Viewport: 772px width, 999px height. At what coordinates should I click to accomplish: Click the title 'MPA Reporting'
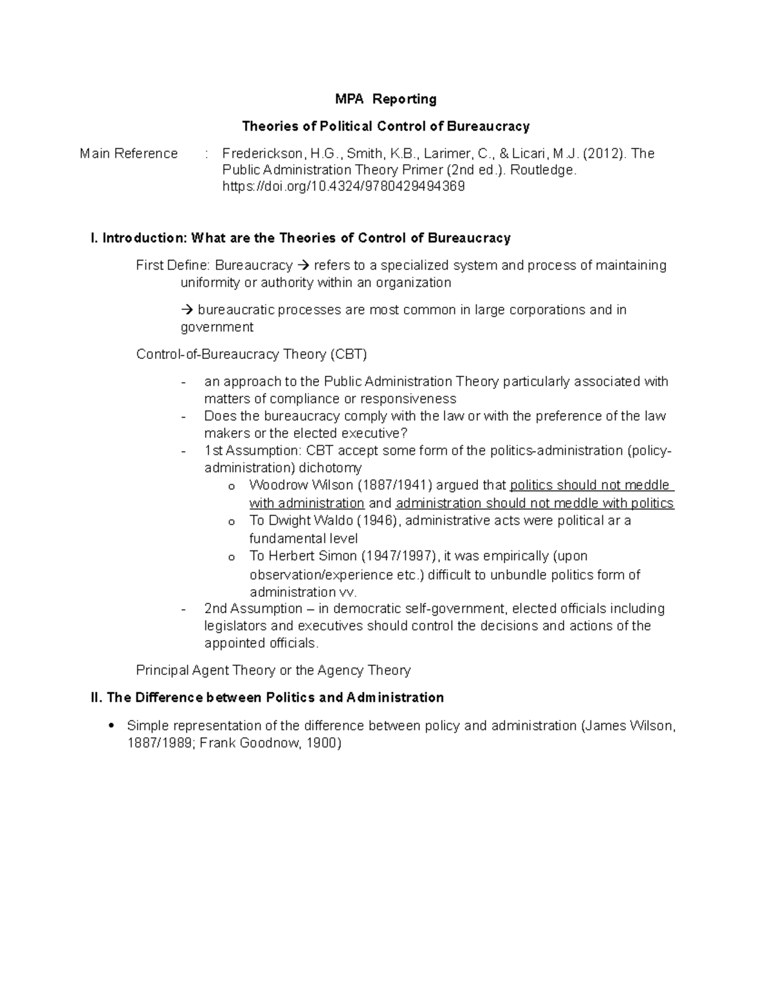[x=385, y=99]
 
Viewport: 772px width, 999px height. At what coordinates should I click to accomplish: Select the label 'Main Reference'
[x=129, y=154]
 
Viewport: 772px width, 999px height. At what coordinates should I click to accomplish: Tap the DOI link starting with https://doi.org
[x=343, y=187]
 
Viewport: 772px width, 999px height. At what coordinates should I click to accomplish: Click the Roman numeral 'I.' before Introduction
[x=95, y=239]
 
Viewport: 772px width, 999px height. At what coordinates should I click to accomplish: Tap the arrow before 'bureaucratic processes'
[x=187, y=310]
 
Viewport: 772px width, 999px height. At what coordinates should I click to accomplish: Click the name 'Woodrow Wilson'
[x=301, y=485]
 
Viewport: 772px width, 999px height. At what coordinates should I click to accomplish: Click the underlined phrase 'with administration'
[x=307, y=503]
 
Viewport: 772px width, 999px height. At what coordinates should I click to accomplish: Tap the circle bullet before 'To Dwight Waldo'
[x=232, y=522]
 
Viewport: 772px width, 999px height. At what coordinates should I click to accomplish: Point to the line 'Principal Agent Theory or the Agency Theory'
[x=273, y=670]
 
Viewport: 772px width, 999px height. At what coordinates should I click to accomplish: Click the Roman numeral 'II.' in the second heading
[x=97, y=698]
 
